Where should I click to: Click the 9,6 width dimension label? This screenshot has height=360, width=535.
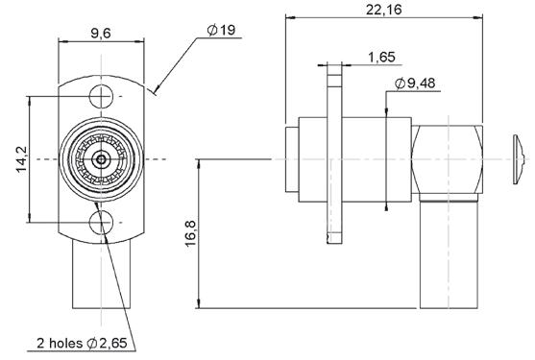pyautogui.click(x=101, y=34)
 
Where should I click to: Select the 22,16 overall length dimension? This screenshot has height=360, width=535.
pyautogui.click(x=384, y=10)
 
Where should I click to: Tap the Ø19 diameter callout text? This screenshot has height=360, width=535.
pyautogui.click(x=222, y=30)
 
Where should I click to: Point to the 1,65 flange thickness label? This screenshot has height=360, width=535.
pyautogui.click(x=381, y=57)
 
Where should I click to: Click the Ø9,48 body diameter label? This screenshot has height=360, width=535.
pyautogui.click(x=415, y=84)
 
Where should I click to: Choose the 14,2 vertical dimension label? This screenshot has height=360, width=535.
pyautogui.click(x=23, y=159)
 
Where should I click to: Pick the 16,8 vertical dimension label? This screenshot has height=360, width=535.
pyautogui.click(x=190, y=233)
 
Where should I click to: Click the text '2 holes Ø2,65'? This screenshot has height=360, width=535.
pyautogui.click(x=82, y=343)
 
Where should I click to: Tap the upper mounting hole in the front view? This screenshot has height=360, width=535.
pyautogui.click(x=101, y=96)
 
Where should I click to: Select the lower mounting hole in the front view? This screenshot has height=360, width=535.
pyautogui.click(x=101, y=223)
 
